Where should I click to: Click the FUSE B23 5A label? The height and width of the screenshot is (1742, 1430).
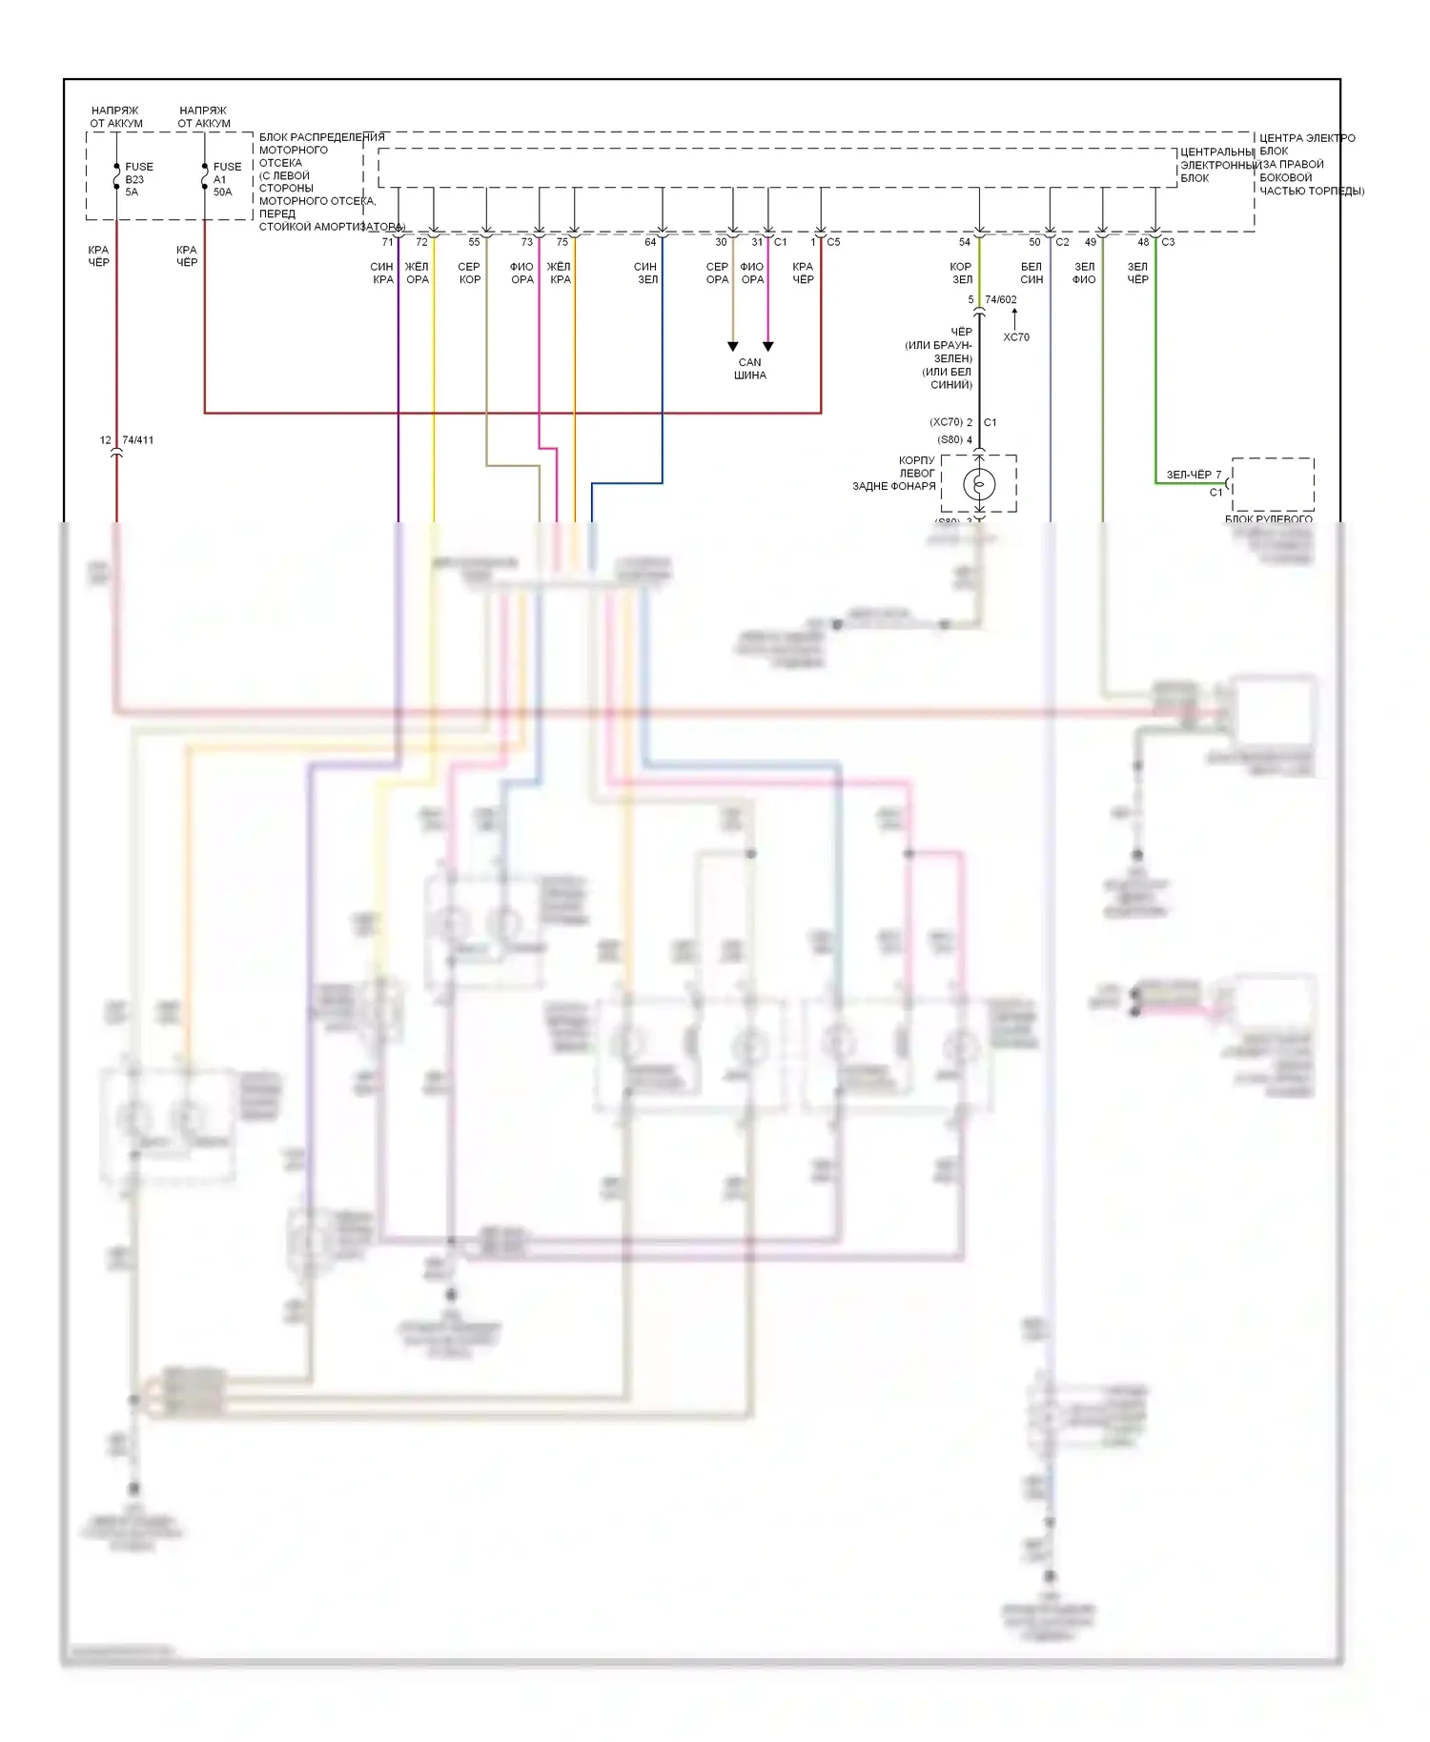click(137, 179)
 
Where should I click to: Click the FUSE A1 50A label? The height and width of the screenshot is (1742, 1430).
click(226, 179)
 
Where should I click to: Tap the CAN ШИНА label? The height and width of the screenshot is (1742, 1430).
click(750, 369)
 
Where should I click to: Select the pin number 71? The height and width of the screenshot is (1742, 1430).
click(387, 242)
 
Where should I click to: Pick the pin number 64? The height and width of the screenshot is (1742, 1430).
click(650, 242)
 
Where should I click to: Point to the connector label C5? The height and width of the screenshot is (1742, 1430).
click(833, 242)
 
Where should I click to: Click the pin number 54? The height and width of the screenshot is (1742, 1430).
click(965, 242)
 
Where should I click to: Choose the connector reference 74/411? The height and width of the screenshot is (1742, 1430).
click(138, 440)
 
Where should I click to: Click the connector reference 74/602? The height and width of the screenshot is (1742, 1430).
click(1000, 299)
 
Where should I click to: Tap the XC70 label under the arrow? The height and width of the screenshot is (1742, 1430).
click(1016, 337)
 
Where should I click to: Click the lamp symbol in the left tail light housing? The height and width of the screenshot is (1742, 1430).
click(979, 484)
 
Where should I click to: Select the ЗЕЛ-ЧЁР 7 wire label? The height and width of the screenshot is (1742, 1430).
click(1194, 475)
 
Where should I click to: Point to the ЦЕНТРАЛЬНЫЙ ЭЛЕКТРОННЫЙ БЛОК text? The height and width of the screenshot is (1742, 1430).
click(1216, 165)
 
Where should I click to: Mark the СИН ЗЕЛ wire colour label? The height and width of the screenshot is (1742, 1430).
click(646, 273)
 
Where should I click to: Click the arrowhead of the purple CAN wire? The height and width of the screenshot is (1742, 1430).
click(768, 347)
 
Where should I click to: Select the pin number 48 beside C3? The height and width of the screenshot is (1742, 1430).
click(1143, 242)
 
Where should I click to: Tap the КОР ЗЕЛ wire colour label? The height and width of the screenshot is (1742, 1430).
click(961, 273)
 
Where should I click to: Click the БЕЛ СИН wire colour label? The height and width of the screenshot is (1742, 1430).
click(1032, 273)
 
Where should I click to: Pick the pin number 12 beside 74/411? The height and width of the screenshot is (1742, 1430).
click(106, 440)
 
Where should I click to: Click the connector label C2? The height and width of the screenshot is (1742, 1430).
click(1062, 242)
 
